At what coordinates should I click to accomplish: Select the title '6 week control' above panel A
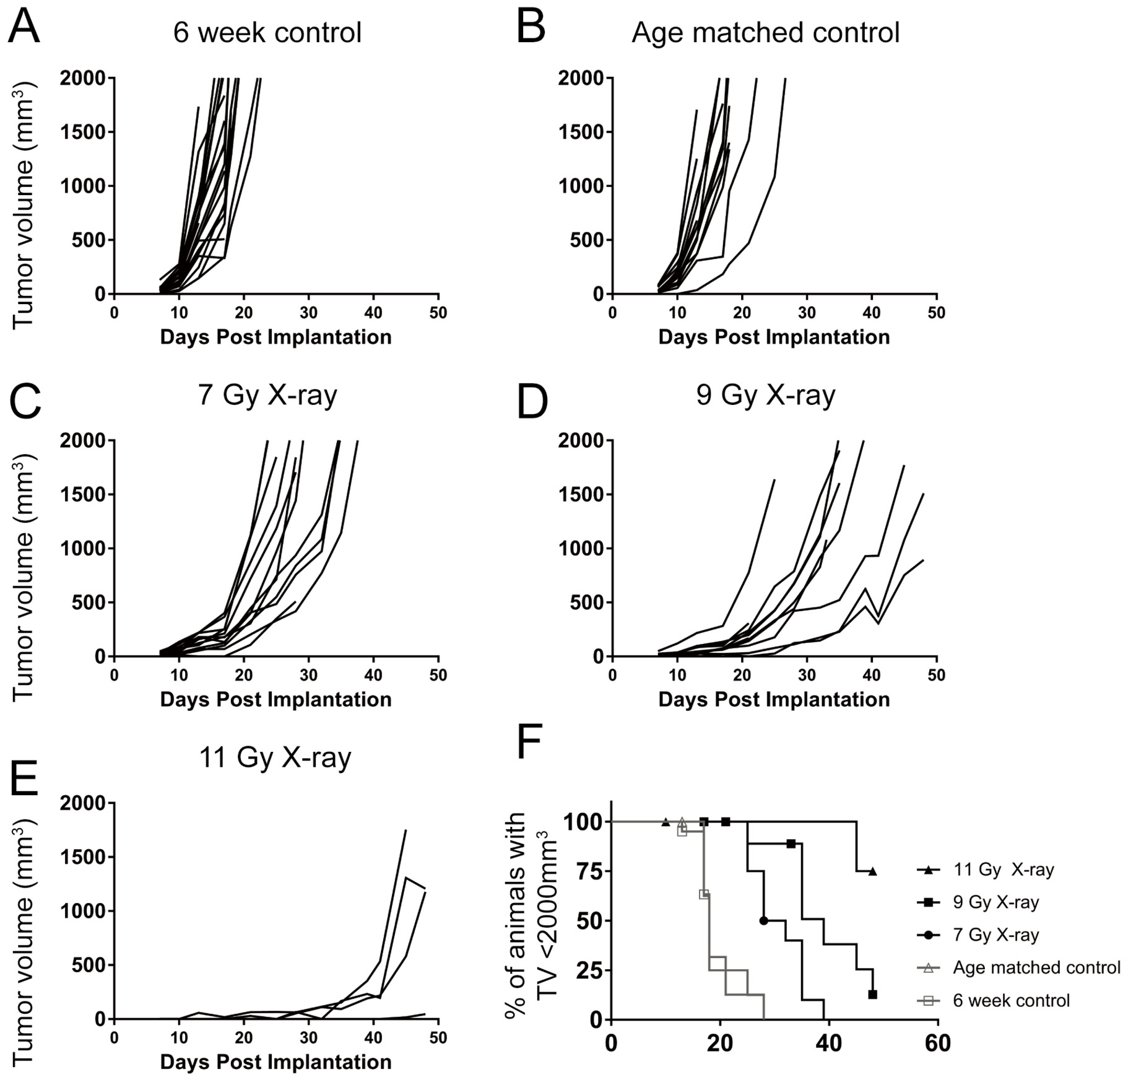point(267,32)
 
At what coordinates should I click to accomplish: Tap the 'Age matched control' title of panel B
point(765,32)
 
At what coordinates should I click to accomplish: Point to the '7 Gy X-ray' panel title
point(267,395)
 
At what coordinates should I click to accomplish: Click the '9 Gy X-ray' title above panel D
point(765,395)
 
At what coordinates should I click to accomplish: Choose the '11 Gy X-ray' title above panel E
point(275,757)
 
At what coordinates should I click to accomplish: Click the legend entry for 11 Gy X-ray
point(1003,870)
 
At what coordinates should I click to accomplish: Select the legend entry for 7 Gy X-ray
point(995,935)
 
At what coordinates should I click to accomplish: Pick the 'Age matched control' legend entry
point(1036,967)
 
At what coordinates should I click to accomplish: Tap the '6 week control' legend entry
point(1011,1000)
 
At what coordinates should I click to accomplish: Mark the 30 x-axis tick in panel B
point(807,313)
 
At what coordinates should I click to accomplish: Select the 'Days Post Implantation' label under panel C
point(275,699)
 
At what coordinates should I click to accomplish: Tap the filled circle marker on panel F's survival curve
point(763,920)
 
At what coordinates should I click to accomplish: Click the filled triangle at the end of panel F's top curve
point(872,871)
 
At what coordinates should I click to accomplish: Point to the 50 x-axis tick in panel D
point(936,675)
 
